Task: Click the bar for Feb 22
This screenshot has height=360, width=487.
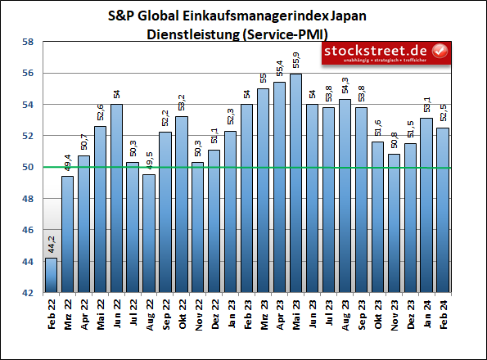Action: (x=51, y=275)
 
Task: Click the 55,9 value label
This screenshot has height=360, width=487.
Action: (x=295, y=61)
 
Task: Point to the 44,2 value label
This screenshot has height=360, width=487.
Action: (x=51, y=244)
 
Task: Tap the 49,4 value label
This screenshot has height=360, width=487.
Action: (x=67, y=162)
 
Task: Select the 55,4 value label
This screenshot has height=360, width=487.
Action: (x=279, y=68)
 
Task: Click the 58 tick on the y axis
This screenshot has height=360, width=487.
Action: (x=27, y=42)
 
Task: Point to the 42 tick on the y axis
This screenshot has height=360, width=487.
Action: (x=27, y=293)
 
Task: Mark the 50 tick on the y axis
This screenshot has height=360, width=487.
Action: (x=27, y=167)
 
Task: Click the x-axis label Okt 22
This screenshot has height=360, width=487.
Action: (x=182, y=313)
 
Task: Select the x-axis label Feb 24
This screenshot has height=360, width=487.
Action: (x=442, y=313)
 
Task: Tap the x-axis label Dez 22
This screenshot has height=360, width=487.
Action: (x=214, y=313)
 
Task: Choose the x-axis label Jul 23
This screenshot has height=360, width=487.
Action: (x=328, y=313)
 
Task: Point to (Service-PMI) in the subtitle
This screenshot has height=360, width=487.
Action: (x=283, y=34)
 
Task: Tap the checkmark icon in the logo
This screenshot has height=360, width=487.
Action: (x=440, y=52)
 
